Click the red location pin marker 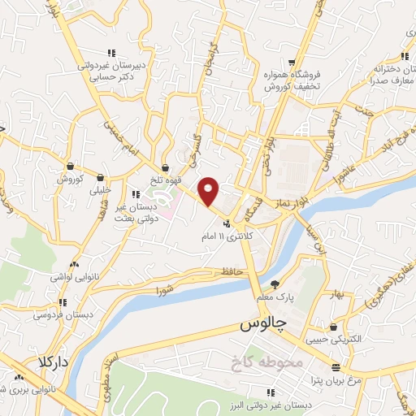209,191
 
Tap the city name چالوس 265,324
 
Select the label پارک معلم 275,297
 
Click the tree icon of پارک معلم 275,284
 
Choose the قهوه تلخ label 167,180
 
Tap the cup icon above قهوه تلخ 166,168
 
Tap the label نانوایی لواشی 74,277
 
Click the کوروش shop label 70,178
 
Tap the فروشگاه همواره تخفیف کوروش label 292,80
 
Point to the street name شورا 166,288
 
